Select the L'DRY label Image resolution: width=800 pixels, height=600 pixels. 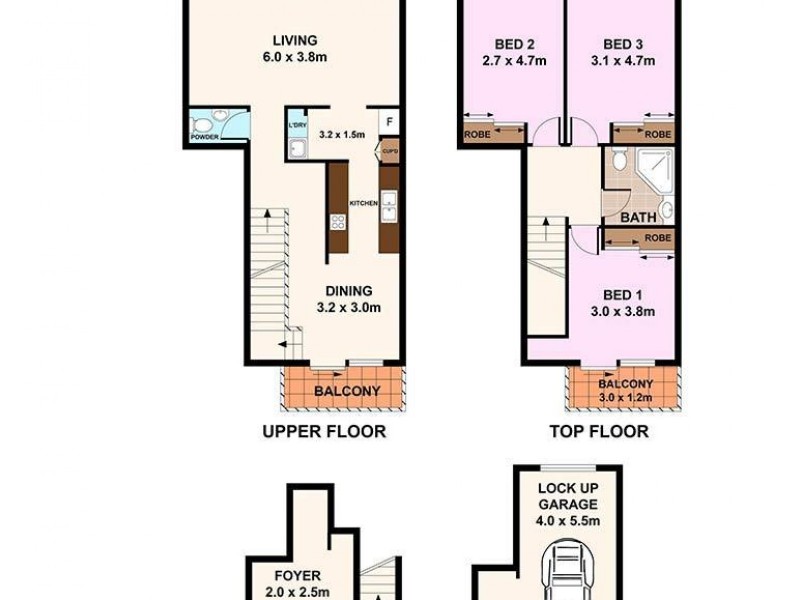(297, 126)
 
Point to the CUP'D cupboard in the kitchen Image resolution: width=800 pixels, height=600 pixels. (389, 152)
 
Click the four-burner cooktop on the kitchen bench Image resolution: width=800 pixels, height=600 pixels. (338, 223)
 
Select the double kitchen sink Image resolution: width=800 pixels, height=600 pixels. (390, 209)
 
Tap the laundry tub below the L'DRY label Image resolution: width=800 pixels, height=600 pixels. (297, 149)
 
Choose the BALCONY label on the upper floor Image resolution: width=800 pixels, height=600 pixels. (347, 391)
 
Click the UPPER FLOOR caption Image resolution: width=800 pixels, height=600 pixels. (323, 432)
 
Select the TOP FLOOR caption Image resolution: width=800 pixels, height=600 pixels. (599, 432)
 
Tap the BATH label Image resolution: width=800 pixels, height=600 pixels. (638, 216)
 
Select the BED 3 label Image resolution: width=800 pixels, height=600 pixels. (623, 44)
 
